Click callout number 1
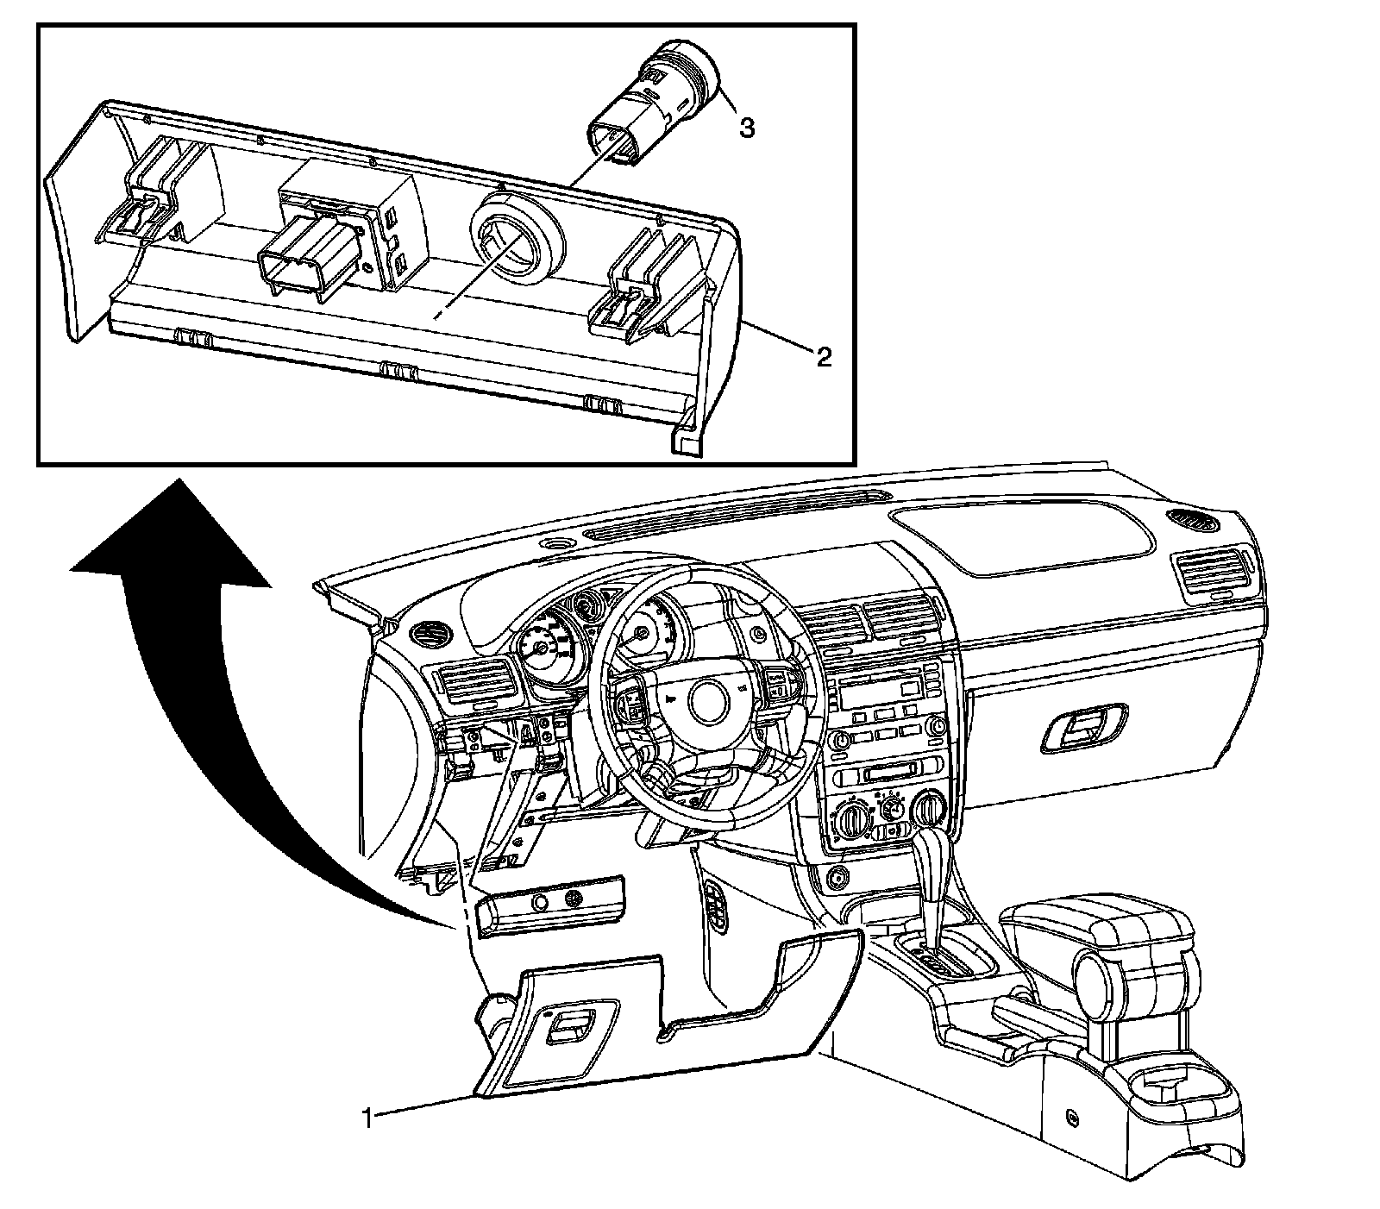click(368, 1118)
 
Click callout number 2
click(824, 356)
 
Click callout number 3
click(747, 128)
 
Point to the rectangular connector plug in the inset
click(302, 259)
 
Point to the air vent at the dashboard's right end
click(1212, 573)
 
